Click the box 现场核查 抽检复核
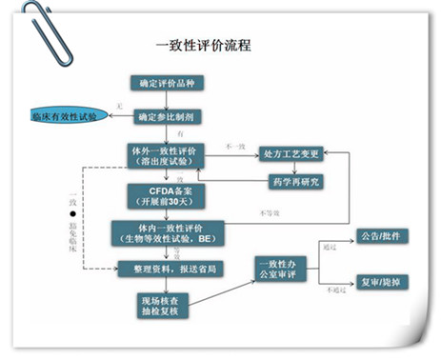tap(158, 305)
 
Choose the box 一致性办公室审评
tap(282, 268)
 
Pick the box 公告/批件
tap(372, 235)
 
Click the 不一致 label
tap(234, 146)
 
